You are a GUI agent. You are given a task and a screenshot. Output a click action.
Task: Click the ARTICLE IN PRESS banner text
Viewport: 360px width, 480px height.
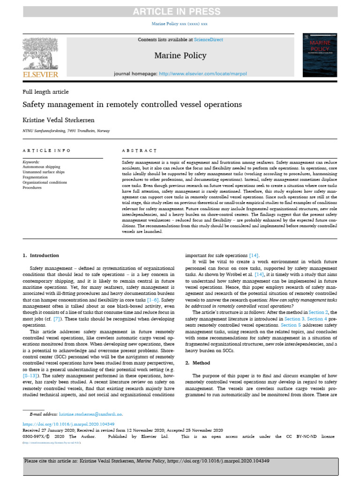click(180, 11)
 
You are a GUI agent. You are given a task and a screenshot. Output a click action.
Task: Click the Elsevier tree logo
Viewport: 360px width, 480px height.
click(40, 53)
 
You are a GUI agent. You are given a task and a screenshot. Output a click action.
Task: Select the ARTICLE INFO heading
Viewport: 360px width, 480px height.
click(47, 150)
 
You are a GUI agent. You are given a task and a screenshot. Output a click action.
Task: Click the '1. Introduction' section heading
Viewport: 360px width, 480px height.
click(41, 255)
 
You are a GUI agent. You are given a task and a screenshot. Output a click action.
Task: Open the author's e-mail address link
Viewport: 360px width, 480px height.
click(90, 414)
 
